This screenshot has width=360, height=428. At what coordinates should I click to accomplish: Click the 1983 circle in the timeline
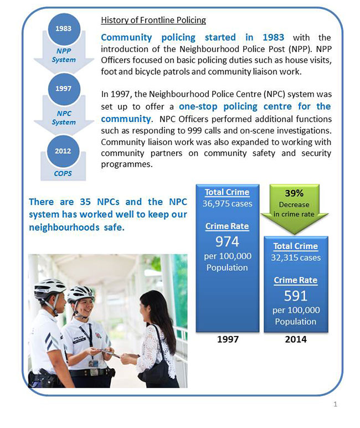point(64,29)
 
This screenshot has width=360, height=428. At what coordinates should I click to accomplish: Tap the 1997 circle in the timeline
point(64,89)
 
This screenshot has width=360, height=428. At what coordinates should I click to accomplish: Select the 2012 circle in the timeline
point(64,151)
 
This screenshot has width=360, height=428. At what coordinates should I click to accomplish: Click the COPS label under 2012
point(64,173)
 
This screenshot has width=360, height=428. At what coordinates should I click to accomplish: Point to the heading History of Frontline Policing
point(153,20)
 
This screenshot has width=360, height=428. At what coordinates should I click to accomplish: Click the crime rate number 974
point(228,241)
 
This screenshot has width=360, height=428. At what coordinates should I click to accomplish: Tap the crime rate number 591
point(296,295)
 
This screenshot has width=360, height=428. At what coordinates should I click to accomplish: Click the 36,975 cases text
point(228,203)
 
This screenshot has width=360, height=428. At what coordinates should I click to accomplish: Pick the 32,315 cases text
point(296,257)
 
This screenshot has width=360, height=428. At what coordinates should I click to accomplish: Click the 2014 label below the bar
point(295,339)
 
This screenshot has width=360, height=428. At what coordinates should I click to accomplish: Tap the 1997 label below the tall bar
point(228,339)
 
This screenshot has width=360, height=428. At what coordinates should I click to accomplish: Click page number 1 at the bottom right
point(335,405)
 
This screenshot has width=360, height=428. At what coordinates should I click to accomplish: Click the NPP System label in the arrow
point(64,55)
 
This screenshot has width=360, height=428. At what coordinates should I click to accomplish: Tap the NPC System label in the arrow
point(64,118)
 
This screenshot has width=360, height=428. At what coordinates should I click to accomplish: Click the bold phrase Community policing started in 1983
point(193,38)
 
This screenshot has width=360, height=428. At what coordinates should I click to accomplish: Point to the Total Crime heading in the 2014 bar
point(296,246)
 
